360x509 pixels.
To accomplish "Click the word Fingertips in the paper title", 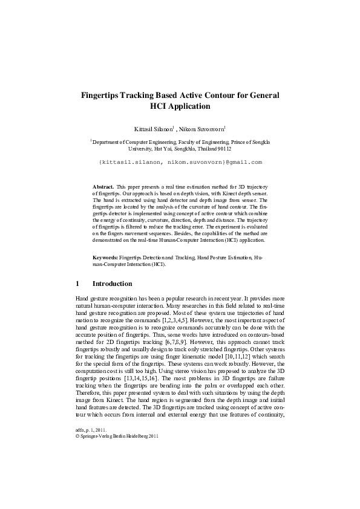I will click(x=103, y=96).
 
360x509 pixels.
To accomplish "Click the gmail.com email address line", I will click(x=180, y=163).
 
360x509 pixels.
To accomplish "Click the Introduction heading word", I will click(x=112, y=284).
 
